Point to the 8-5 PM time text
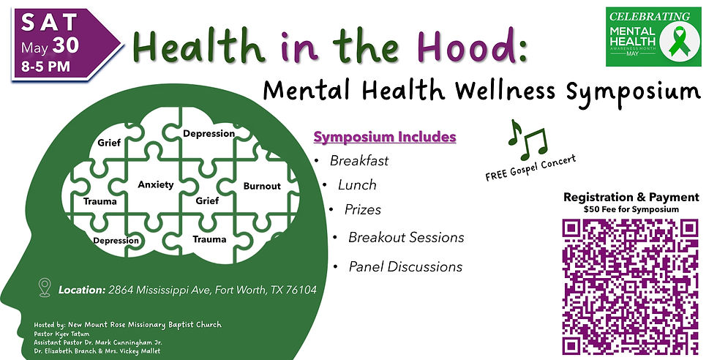pyautogui.click(x=49, y=64)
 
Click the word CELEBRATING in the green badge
pyautogui.click(x=649, y=16)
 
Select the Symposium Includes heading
pyautogui.click(x=385, y=137)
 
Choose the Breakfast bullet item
pyautogui.click(x=358, y=160)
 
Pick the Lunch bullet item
pyautogui.click(x=357, y=185)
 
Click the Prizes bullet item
pyautogui.click(x=363, y=209)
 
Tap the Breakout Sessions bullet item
pyautogui.click(x=405, y=238)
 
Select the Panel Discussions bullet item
pyautogui.click(x=405, y=267)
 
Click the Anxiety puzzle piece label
pyautogui.click(x=156, y=185)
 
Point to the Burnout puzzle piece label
pyautogui.click(x=262, y=186)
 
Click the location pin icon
pyautogui.click(x=45, y=287)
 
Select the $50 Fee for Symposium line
pyautogui.click(x=631, y=210)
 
